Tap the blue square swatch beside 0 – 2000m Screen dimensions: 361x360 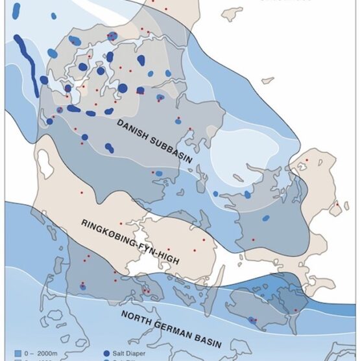(17, 354)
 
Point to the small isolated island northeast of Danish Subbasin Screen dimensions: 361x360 (267, 80)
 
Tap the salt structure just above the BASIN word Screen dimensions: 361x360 (252, 320)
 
